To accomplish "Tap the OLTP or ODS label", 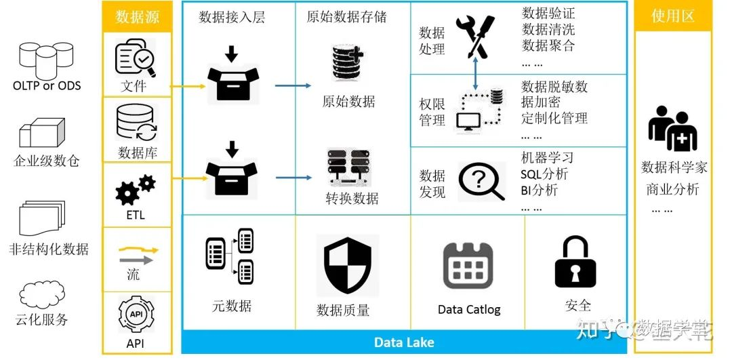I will coord(47,85).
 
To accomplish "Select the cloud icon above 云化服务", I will coord(42,296).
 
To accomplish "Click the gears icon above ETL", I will coord(135,189).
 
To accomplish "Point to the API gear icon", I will coord(136,314).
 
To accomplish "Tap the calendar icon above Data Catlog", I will coord(468,266).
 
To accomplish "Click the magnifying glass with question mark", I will coord(481,181).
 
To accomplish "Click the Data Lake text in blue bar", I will coord(404,342).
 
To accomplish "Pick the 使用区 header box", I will coord(672,16).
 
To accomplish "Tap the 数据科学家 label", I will coord(674,167).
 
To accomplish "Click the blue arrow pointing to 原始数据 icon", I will coord(293,86).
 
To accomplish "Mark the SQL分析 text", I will coord(544,174).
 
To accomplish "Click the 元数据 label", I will coord(231,306).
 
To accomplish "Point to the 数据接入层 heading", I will coord(232,17).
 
